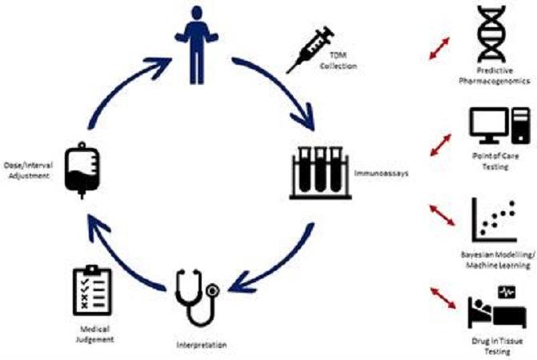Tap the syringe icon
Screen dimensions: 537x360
tap(310, 50)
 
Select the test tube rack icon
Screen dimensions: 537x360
tap(320, 173)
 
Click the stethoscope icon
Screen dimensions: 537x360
tap(197, 298)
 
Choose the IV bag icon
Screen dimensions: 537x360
tap(82, 170)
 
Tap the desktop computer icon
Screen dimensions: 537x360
tap(499, 126)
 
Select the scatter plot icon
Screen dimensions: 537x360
tap(494, 220)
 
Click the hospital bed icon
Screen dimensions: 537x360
tap(497, 307)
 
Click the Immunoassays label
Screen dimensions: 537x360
tap(381, 173)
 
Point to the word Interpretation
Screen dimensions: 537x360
tap(202, 345)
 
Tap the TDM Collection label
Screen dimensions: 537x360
tap(338, 60)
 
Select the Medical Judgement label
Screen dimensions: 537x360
tap(94, 334)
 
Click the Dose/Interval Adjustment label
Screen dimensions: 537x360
tap(29, 170)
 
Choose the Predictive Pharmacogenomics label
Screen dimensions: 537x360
tap(495, 76)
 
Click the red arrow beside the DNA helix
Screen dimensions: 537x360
tap(439, 49)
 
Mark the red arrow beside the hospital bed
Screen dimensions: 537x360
tap(443, 298)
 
